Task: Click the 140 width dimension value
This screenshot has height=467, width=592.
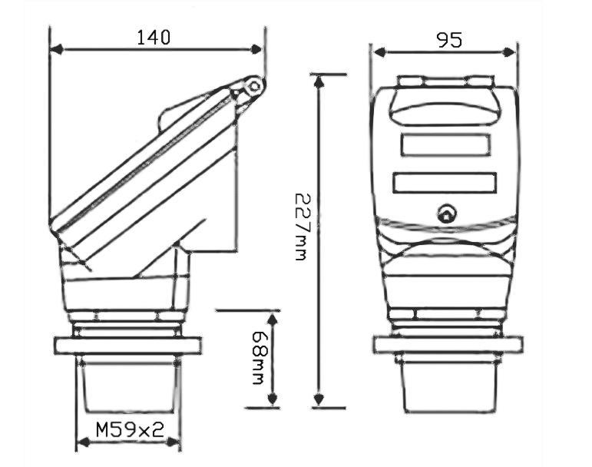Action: pyautogui.click(x=154, y=37)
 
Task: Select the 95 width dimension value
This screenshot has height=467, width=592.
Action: pyautogui.click(x=449, y=40)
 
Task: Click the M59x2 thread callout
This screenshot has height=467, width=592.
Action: pyautogui.click(x=130, y=429)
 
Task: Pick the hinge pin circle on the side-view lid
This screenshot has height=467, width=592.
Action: pyautogui.click(x=253, y=87)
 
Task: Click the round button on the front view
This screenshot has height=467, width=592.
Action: pyautogui.click(x=445, y=214)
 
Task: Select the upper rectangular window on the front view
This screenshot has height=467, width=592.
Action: pyautogui.click(x=445, y=144)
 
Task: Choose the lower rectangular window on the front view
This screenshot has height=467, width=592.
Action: pyautogui.click(x=445, y=183)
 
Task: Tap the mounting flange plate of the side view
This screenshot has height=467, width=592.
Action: pyautogui.click(x=127, y=345)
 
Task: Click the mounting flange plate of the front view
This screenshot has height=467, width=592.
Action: pyautogui.click(x=448, y=345)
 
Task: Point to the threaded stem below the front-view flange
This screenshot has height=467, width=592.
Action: pyautogui.click(x=448, y=384)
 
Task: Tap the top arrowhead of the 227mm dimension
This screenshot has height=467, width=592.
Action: pyautogui.click(x=319, y=79)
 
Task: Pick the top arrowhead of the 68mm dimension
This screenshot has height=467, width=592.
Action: pyautogui.click(x=271, y=316)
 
